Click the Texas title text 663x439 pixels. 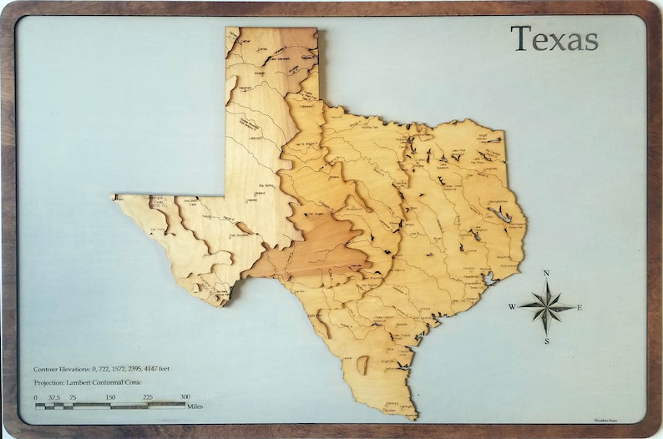(x=554, y=38)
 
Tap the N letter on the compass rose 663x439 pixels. (x=546, y=273)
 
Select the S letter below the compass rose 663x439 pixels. (x=546, y=341)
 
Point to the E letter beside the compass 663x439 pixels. (x=579, y=307)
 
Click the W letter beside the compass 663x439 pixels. (x=512, y=307)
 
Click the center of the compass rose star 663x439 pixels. (x=546, y=306)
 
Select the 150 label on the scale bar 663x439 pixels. (x=109, y=397)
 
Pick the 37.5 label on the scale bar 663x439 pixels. (x=54, y=397)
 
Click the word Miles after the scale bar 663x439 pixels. (x=196, y=406)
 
